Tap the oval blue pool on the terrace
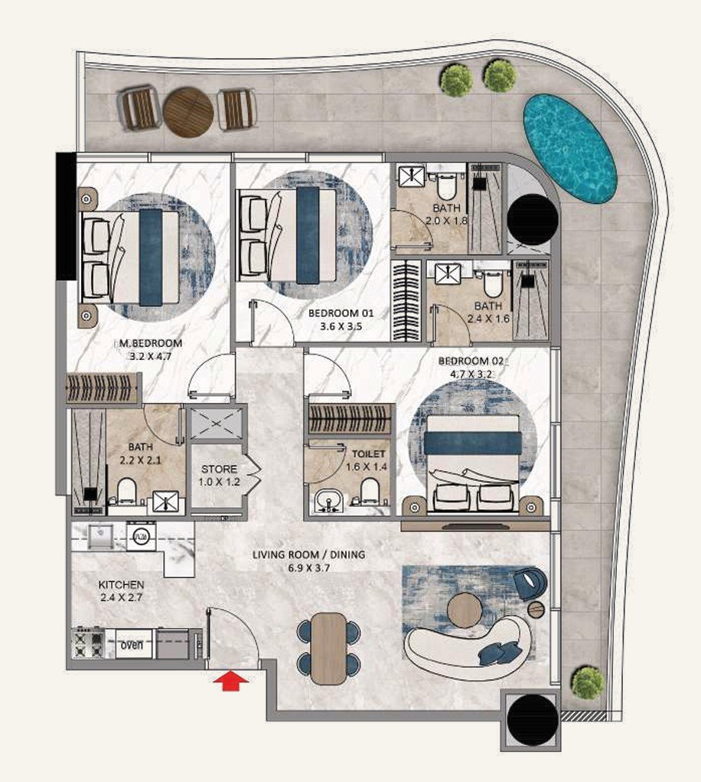pyautogui.click(x=569, y=148)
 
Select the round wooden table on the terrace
pyautogui.click(x=188, y=111)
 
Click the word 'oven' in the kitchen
pyautogui.click(x=132, y=645)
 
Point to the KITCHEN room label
pyautogui.click(x=122, y=585)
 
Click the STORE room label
pyautogui.click(x=219, y=469)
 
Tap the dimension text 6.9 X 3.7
pyautogui.click(x=310, y=568)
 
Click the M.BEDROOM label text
pyautogui.click(x=148, y=342)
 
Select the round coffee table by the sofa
pyautogui.click(x=465, y=610)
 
